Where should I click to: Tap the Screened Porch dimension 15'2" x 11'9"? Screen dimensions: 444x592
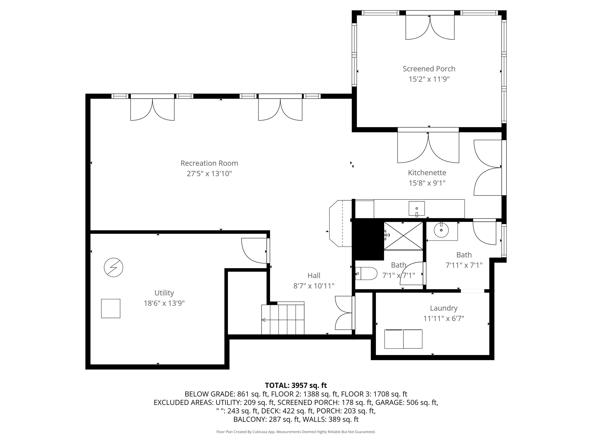pyautogui.click(x=429, y=79)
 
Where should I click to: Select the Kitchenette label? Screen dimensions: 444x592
pyautogui.click(x=427, y=173)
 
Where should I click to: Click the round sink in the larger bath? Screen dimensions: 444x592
pyautogui.click(x=441, y=230)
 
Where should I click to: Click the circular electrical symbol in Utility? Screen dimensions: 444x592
pyautogui.click(x=113, y=267)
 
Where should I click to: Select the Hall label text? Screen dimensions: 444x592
pyautogui.click(x=314, y=275)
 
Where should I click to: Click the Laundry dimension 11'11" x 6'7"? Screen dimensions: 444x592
pyautogui.click(x=443, y=318)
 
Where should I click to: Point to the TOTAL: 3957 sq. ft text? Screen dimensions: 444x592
pyautogui.click(x=296, y=385)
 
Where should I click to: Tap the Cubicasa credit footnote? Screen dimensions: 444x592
pyautogui.click(x=296, y=432)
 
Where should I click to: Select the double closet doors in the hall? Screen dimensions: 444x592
pyautogui.click(x=344, y=313)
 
